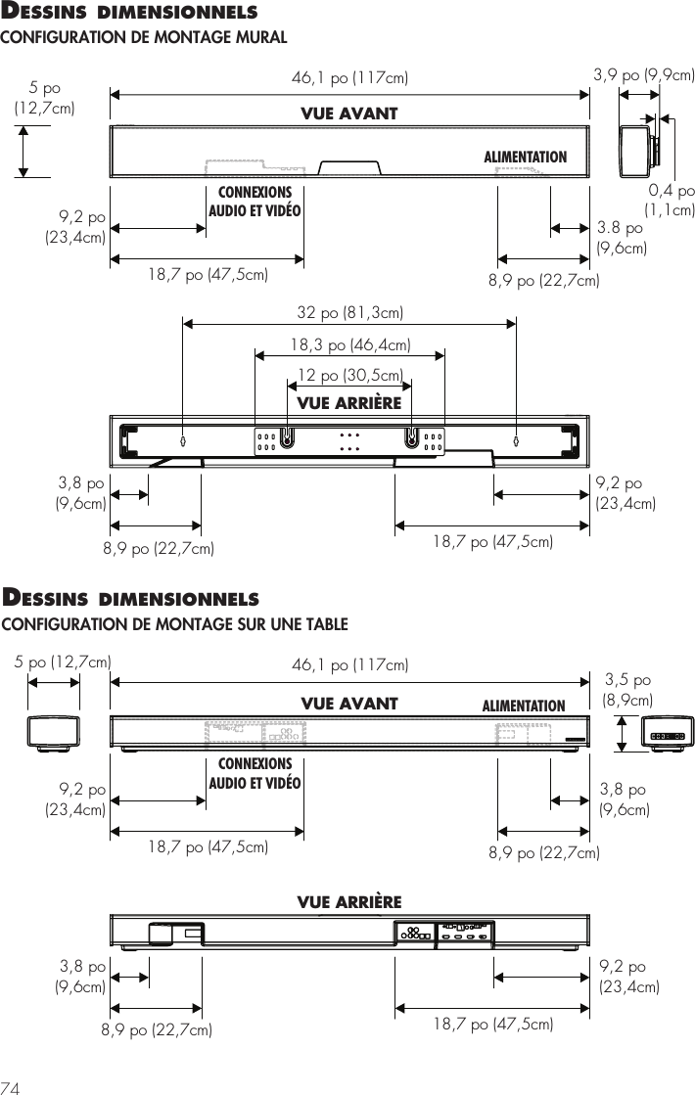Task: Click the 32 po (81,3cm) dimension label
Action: pos(350,313)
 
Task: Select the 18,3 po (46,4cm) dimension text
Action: pos(350,344)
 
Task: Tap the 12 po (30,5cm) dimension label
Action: pos(350,375)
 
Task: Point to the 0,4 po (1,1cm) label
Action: pos(670,200)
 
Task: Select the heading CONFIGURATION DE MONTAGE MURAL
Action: pos(143,37)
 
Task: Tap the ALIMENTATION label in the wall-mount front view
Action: pos(526,157)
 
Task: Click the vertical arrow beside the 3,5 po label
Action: pos(623,734)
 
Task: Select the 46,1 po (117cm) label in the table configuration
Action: pos(350,666)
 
